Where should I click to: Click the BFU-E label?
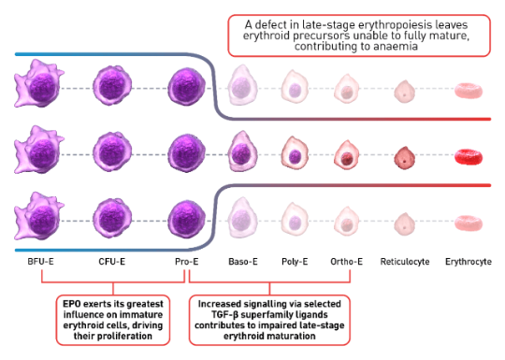click(x=41, y=261)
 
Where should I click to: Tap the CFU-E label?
click(x=112, y=261)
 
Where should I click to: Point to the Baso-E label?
click(x=244, y=261)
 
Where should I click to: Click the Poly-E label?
click(x=296, y=261)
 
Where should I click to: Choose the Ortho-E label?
click(x=347, y=261)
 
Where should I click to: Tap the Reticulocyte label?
click(x=405, y=261)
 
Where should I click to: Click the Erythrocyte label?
click(x=468, y=261)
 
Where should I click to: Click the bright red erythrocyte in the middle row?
click(x=468, y=156)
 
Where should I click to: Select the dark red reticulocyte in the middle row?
click(x=404, y=155)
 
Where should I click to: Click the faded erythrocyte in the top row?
click(x=468, y=91)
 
